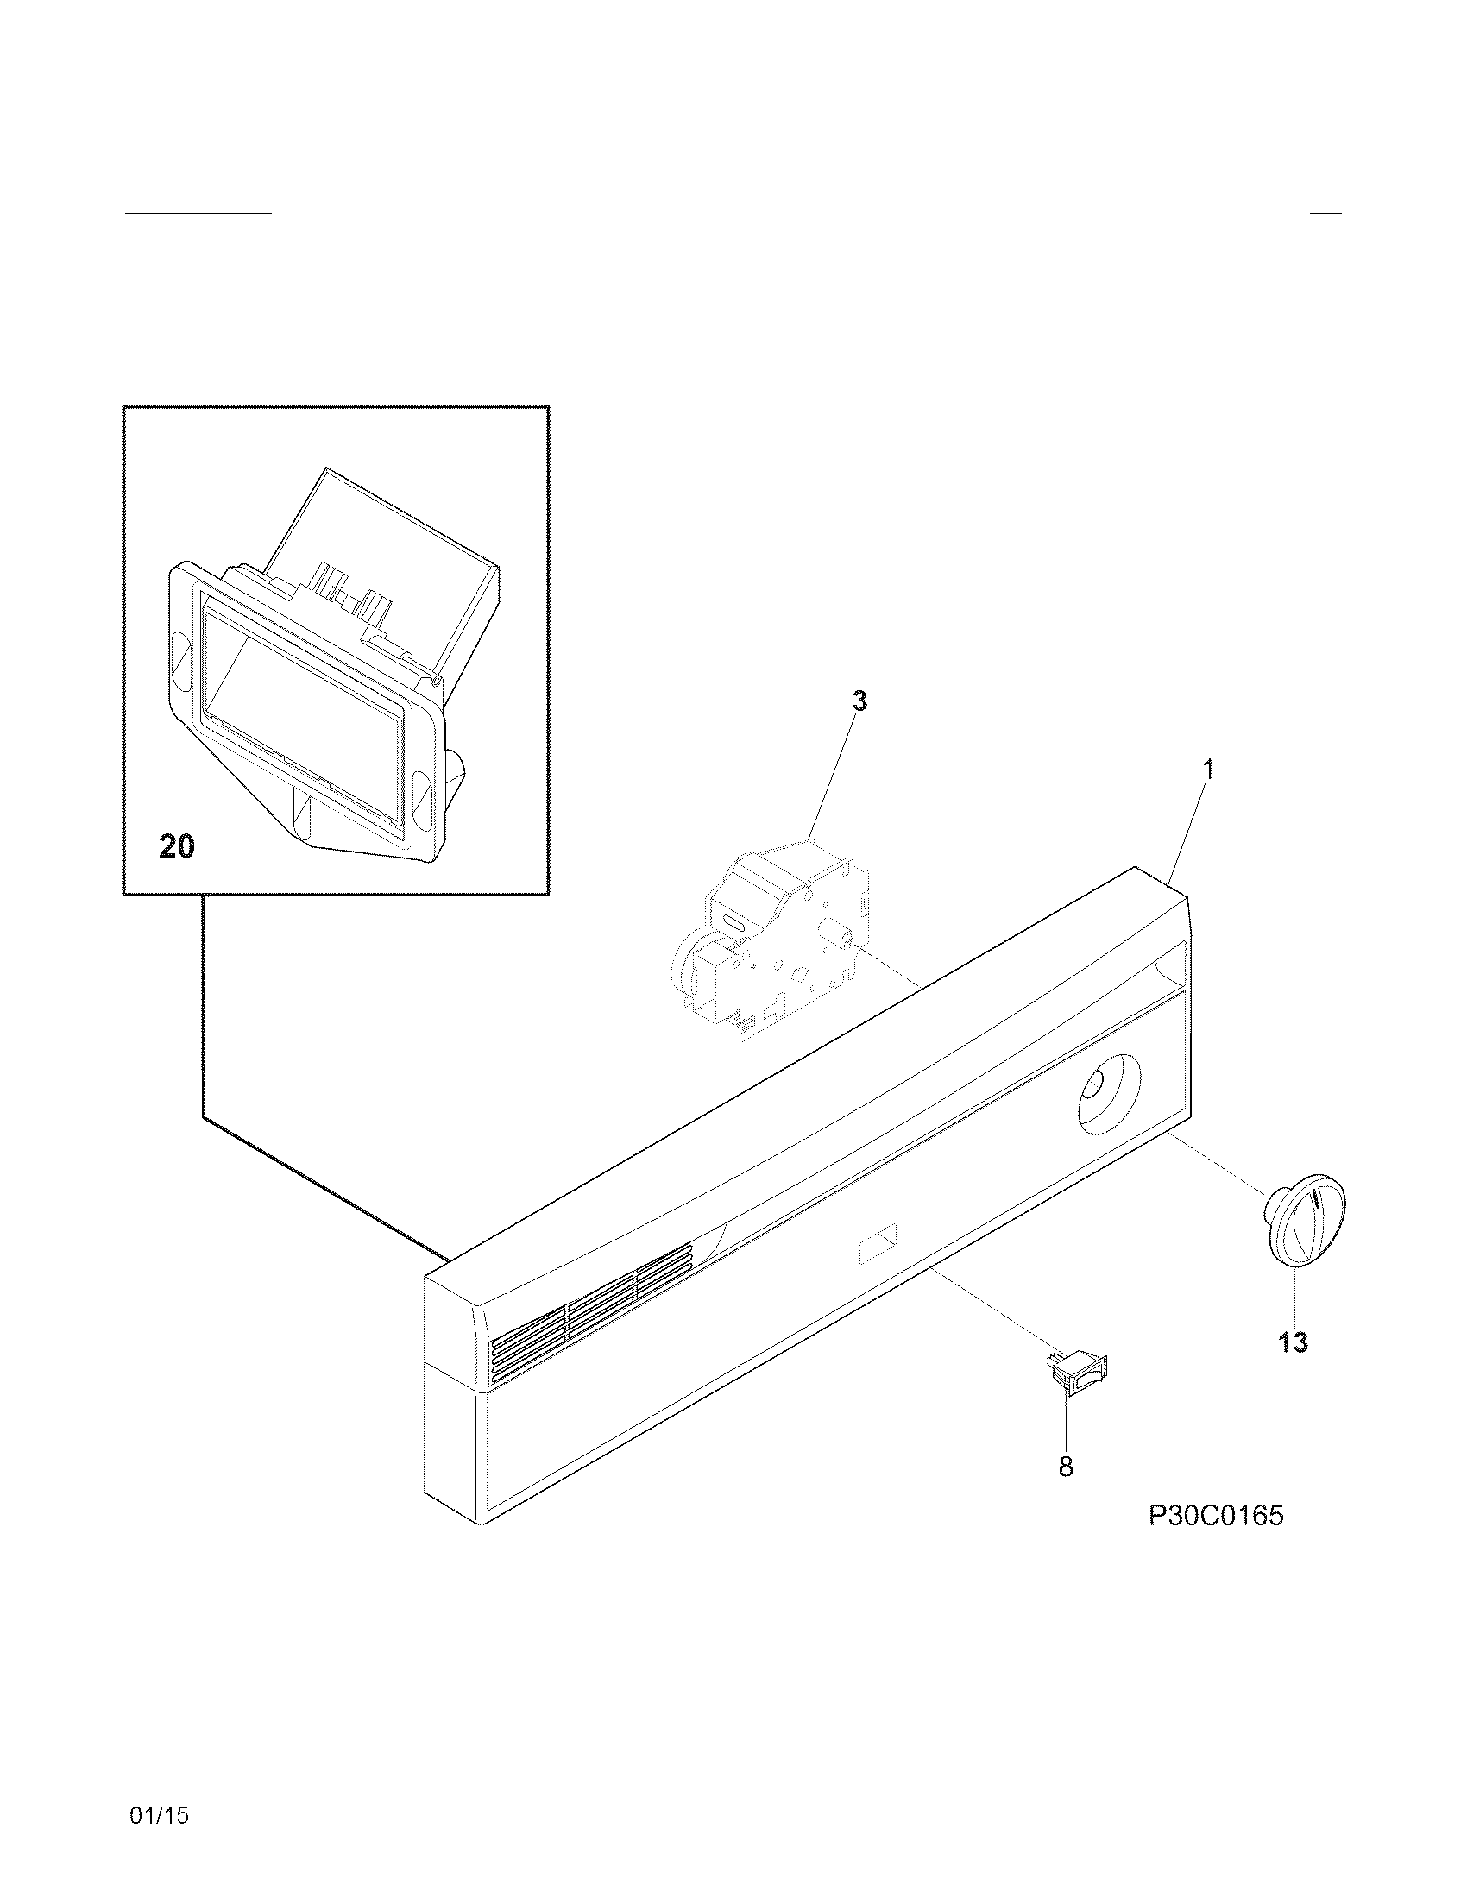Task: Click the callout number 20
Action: coord(176,845)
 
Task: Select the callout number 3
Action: coord(859,701)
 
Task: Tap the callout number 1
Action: coord(1207,770)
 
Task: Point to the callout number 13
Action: coord(1294,1342)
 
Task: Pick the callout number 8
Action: coord(1066,1467)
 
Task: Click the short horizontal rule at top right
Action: coord(1325,213)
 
